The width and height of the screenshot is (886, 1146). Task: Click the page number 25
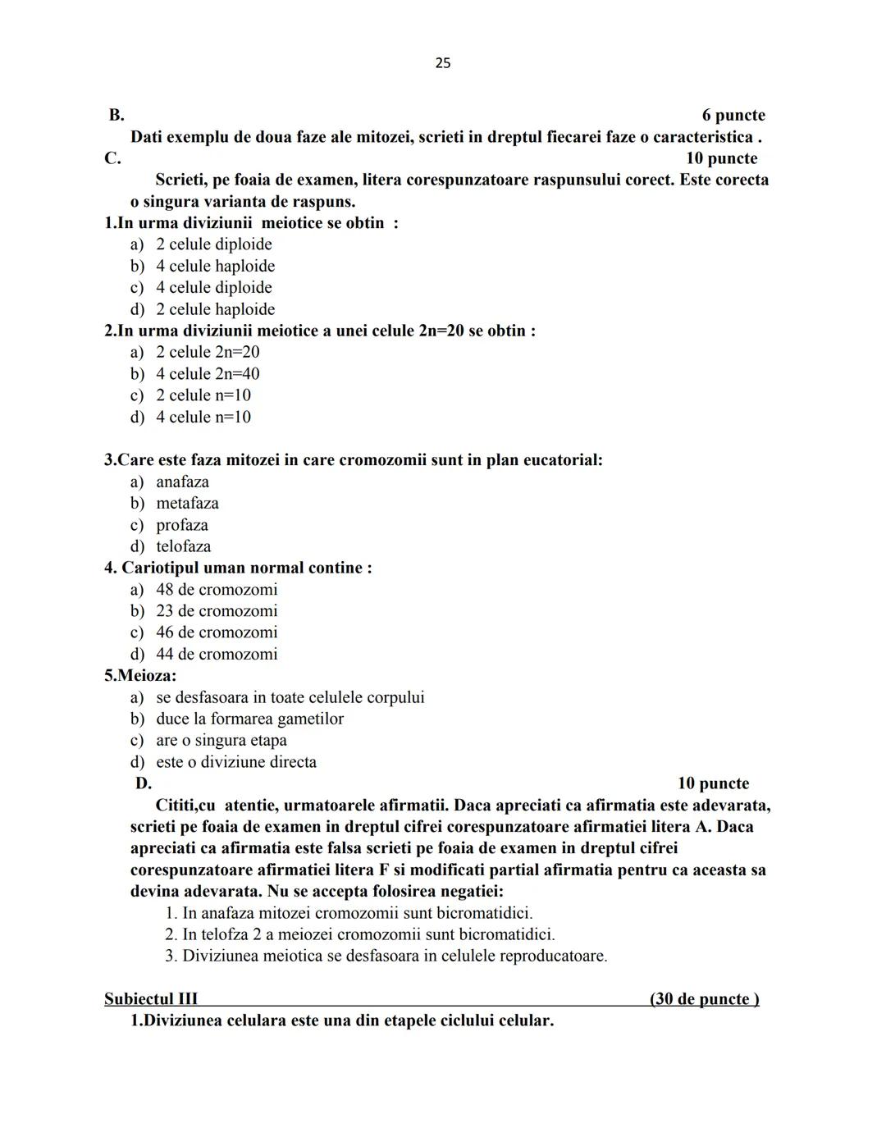click(x=442, y=63)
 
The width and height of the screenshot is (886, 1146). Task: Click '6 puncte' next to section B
click(x=733, y=116)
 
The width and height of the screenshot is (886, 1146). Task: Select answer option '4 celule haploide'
click(x=215, y=266)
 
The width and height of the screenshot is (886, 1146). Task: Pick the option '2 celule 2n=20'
click(x=208, y=352)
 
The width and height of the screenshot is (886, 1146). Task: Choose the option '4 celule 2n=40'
click(x=208, y=374)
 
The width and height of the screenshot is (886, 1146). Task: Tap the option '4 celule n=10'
click(x=203, y=417)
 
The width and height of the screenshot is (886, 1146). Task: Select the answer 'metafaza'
click(x=187, y=503)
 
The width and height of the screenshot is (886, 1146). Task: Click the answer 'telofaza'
click(x=183, y=546)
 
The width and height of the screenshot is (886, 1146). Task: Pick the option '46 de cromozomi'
click(x=217, y=632)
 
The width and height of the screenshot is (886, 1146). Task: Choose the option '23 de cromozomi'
click(x=217, y=611)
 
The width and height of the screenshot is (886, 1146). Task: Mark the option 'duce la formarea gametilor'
click(x=249, y=719)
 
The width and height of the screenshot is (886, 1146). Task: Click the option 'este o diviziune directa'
click(x=235, y=762)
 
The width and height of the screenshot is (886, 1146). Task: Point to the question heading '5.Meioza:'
click(x=140, y=676)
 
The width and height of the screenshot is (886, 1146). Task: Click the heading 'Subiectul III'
click(x=151, y=999)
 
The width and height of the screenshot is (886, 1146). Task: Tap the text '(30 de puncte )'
click(x=704, y=999)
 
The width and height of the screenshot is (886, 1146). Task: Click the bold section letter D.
click(x=144, y=783)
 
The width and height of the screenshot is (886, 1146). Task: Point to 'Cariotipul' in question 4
click(x=159, y=568)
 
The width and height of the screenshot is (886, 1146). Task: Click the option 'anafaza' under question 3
click(x=182, y=482)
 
